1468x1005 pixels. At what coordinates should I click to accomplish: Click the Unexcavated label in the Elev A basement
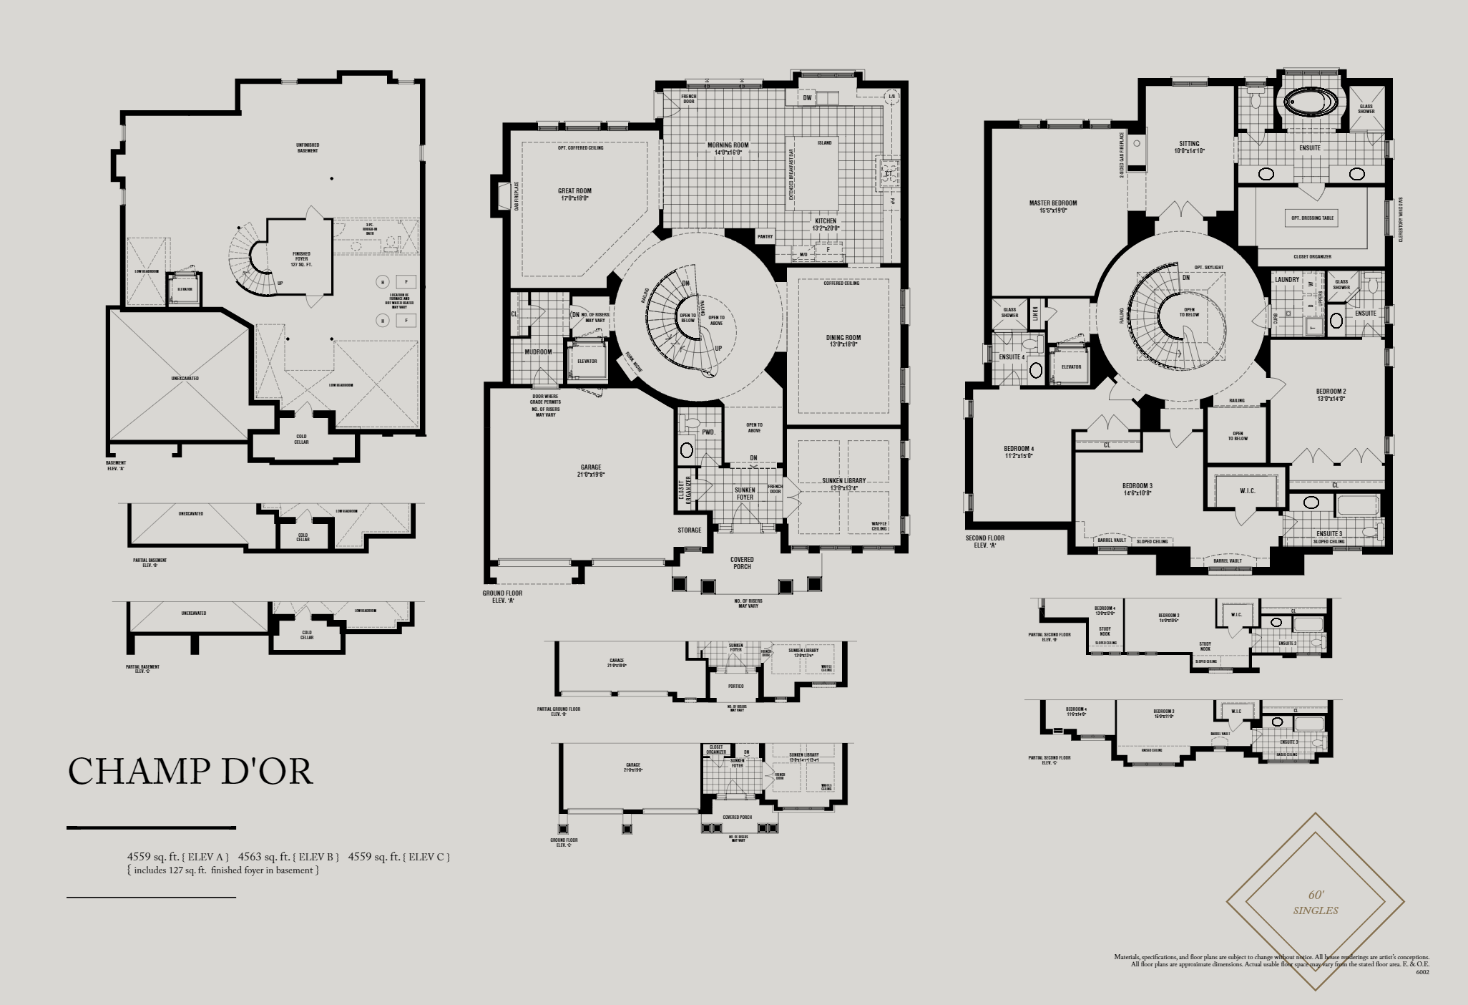(185, 378)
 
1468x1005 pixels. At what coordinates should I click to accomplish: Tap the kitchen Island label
(824, 143)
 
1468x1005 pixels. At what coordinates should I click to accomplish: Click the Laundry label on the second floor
(1286, 280)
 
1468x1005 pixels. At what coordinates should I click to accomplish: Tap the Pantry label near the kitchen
(765, 236)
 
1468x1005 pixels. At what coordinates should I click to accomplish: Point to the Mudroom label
(538, 352)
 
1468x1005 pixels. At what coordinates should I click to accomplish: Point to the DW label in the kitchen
(807, 98)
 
